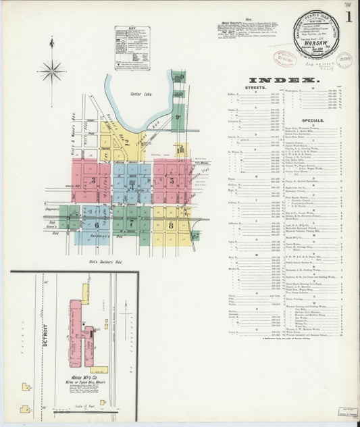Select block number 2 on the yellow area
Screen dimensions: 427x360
click(x=126, y=142)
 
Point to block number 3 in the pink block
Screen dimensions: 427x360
click(x=93, y=180)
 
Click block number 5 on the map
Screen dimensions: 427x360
click(x=172, y=180)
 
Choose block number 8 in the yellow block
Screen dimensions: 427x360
click(x=171, y=225)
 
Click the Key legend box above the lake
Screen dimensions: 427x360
click(x=132, y=48)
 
